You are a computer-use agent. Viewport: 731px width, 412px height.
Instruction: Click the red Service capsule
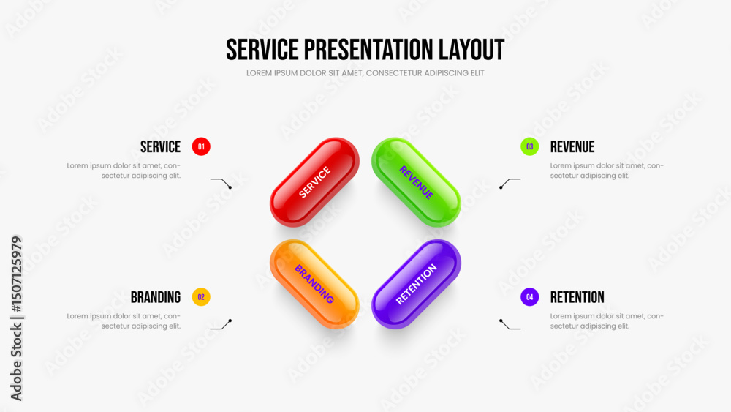pos(314,182)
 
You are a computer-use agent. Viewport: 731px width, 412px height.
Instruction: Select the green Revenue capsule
pos(417,182)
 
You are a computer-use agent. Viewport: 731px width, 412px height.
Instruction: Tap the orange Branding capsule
pos(314,284)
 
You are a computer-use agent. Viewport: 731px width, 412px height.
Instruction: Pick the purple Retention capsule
pos(417,284)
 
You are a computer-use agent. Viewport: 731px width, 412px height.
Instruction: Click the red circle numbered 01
pos(201,146)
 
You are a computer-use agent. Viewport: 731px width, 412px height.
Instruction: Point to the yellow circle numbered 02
pos(201,297)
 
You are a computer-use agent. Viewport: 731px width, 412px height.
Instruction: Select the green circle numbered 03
pos(529,146)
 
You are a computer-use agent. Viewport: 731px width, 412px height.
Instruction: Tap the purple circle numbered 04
pos(529,297)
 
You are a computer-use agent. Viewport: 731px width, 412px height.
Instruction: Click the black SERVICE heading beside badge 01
pos(160,147)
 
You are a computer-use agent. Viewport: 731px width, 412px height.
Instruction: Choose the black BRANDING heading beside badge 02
pos(155,297)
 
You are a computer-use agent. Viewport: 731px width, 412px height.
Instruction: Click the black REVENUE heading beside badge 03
pos(572,147)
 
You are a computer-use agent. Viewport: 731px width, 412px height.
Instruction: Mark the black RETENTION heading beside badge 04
pos(577,297)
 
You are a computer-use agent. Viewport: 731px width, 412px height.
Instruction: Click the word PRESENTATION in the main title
pos(368,50)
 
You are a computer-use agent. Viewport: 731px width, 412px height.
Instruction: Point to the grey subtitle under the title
pos(365,73)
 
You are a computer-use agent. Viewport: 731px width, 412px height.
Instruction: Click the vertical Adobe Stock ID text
pos(16,318)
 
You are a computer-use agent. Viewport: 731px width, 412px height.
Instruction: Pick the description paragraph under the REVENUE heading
pos(607,171)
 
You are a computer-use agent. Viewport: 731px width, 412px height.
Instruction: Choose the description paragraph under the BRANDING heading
pos(124,321)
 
